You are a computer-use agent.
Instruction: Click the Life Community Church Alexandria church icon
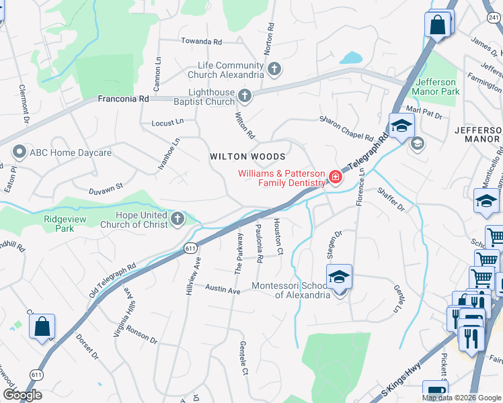[x=274, y=69]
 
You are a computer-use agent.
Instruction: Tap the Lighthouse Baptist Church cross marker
[x=244, y=97]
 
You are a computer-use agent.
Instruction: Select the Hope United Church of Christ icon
[x=178, y=218]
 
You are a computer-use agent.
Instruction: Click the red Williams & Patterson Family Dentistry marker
[x=334, y=177]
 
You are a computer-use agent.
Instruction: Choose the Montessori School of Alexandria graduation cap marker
[x=339, y=277]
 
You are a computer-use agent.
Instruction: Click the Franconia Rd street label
[x=123, y=98]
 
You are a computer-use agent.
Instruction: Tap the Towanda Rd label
[x=201, y=42]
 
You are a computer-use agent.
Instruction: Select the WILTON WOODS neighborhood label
[x=247, y=156]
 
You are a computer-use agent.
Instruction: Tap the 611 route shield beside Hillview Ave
[x=190, y=249]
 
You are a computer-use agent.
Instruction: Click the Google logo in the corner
[x=22, y=395]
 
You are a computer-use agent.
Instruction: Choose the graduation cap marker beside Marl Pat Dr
[x=401, y=126]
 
